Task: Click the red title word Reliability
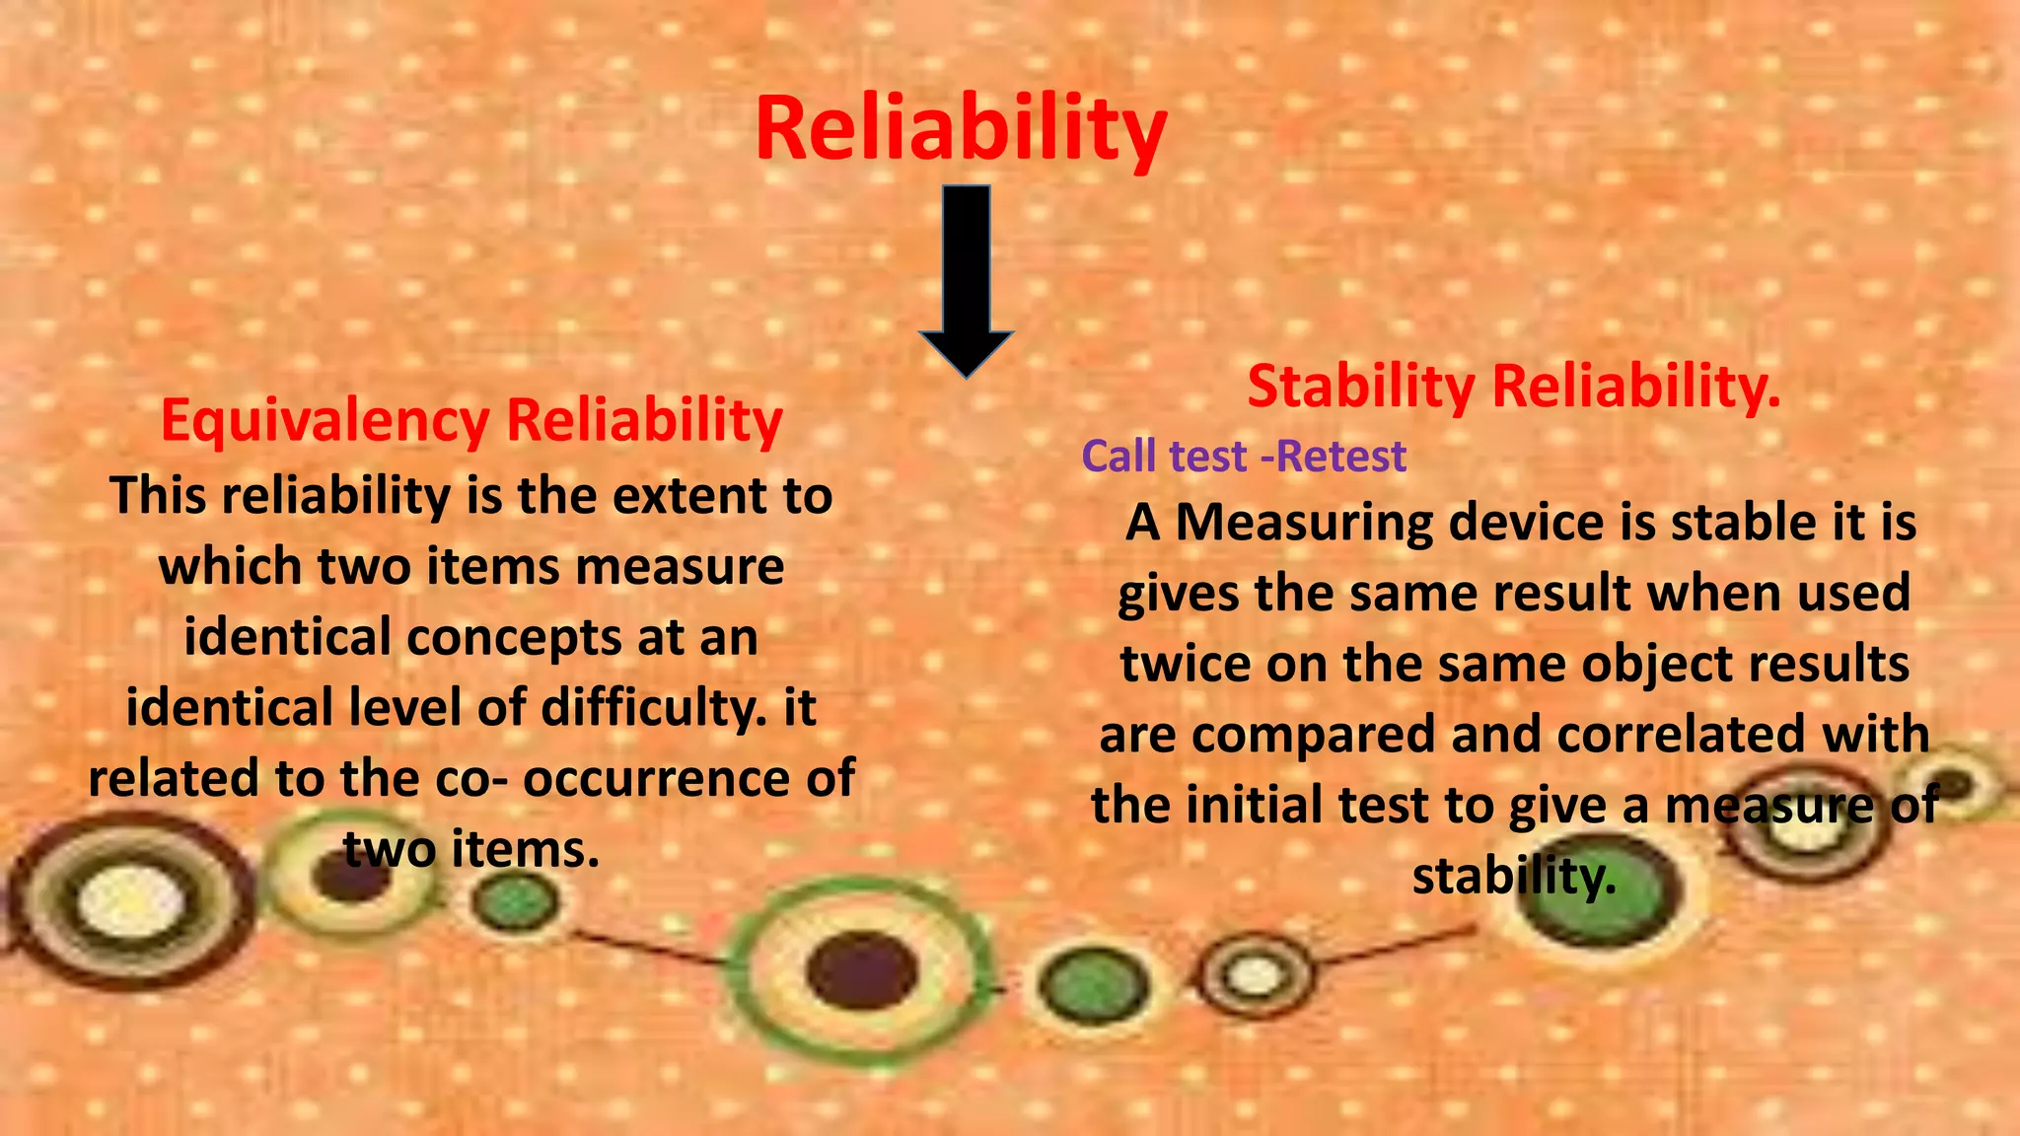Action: pyautogui.click(x=961, y=129)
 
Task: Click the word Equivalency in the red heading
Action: pyautogui.click(x=325, y=422)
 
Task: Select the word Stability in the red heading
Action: pyautogui.click(x=1361, y=387)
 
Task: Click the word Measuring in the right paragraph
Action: pyautogui.click(x=1304, y=523)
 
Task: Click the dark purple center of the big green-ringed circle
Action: pyautogui.click(x=860, y=970)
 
